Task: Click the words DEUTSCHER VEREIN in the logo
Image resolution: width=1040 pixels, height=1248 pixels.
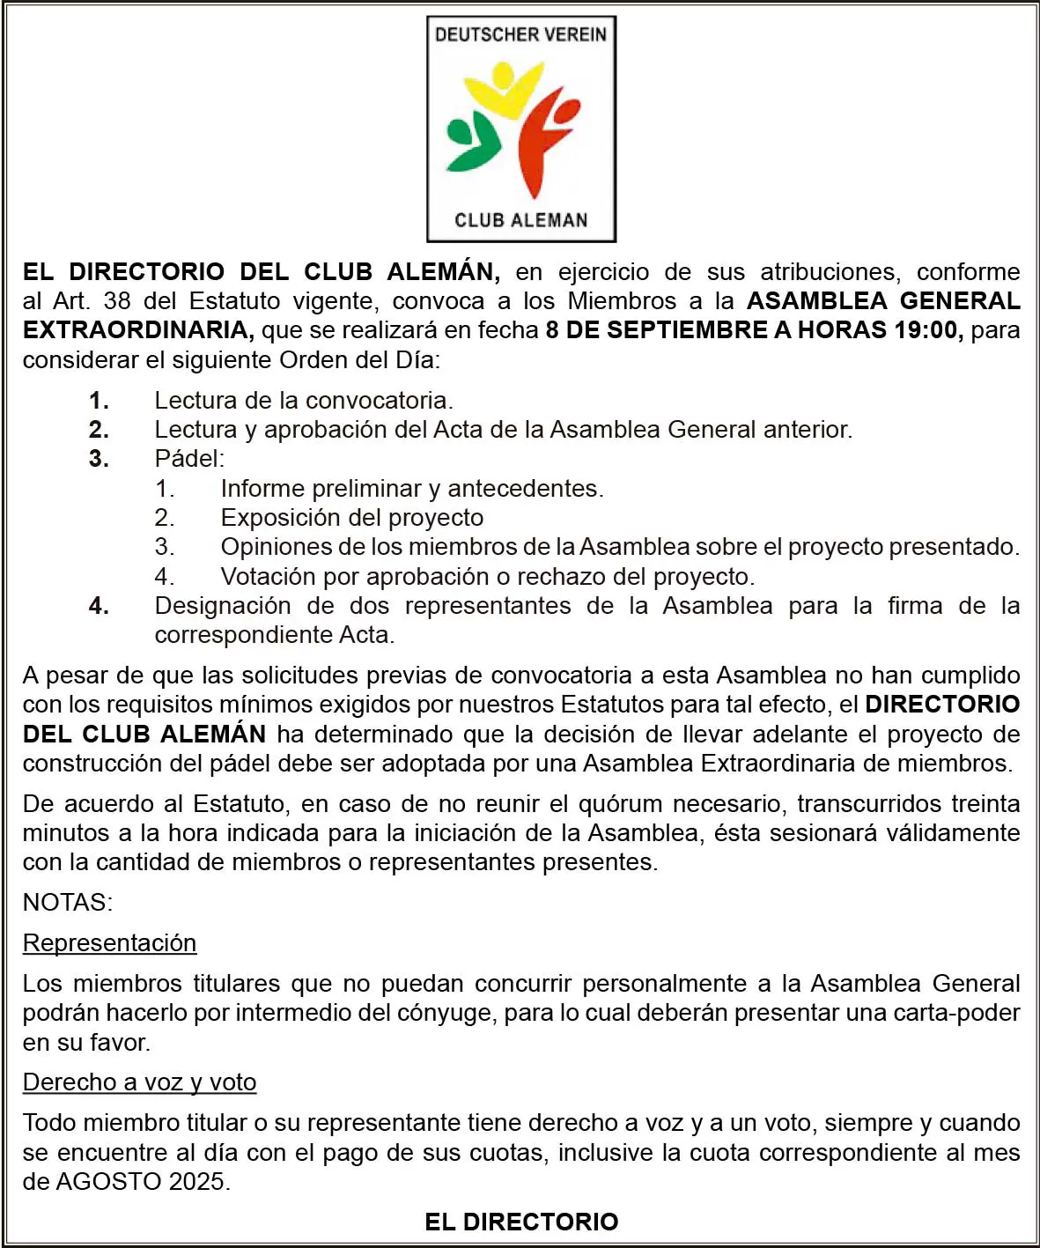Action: pos(520,35)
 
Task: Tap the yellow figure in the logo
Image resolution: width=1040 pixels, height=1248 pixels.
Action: pos(503,89)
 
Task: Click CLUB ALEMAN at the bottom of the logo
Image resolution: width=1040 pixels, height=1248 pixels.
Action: pos(520,220)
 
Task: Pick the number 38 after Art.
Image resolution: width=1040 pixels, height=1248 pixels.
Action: pos(117,301)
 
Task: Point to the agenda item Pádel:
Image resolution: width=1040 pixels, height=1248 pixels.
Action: pos(189,459)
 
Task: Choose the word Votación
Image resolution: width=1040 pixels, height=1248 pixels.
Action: pos(268,577)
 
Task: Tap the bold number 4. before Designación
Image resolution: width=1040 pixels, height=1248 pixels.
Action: pos(99,606)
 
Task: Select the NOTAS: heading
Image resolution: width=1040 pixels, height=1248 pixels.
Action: pos(68,903)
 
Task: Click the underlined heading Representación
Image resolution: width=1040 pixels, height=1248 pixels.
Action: pos(109,943)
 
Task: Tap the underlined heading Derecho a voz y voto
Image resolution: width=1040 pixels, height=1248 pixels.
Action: pos(139,1082)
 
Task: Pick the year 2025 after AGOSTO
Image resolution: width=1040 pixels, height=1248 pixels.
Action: pos(197,1182)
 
